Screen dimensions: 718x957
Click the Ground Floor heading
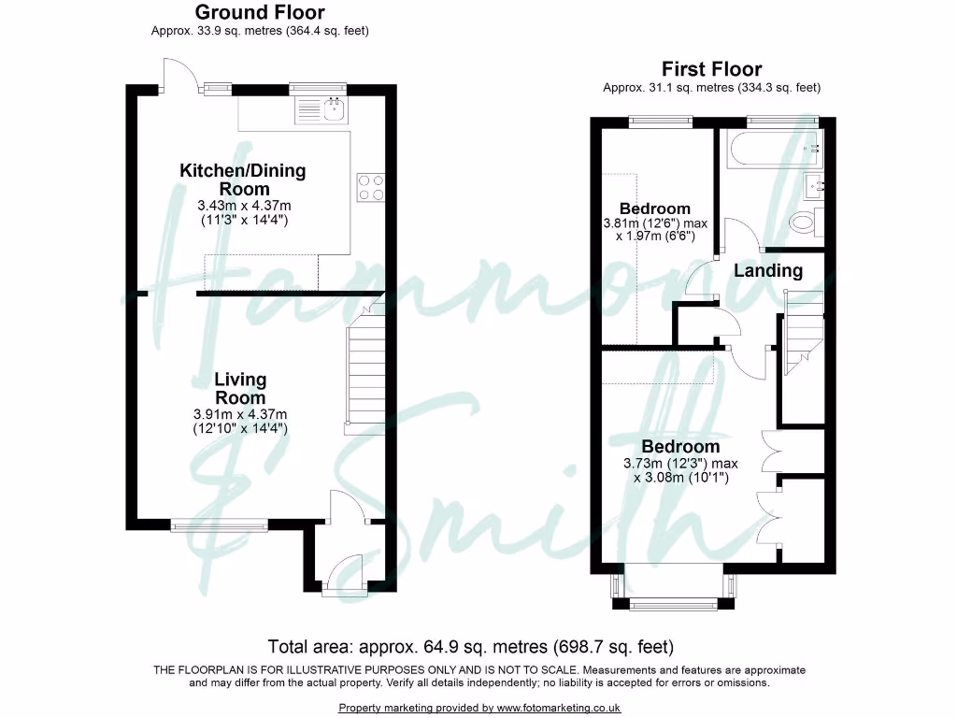point(260,12)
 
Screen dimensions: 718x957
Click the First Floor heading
point(711,69)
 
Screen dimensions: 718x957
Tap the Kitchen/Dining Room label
point(242,179)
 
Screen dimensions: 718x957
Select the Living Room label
point(240,388)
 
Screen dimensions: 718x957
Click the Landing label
point(767,271)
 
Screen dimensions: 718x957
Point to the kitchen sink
point(321,111)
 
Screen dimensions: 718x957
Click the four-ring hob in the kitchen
point(370,187)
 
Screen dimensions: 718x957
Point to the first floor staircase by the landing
point(802,332)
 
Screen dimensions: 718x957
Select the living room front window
point(220,525)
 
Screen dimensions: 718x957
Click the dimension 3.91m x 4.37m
point(241,415)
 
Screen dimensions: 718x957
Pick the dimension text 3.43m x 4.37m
point(242,207)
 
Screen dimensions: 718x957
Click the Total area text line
point(471,646)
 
